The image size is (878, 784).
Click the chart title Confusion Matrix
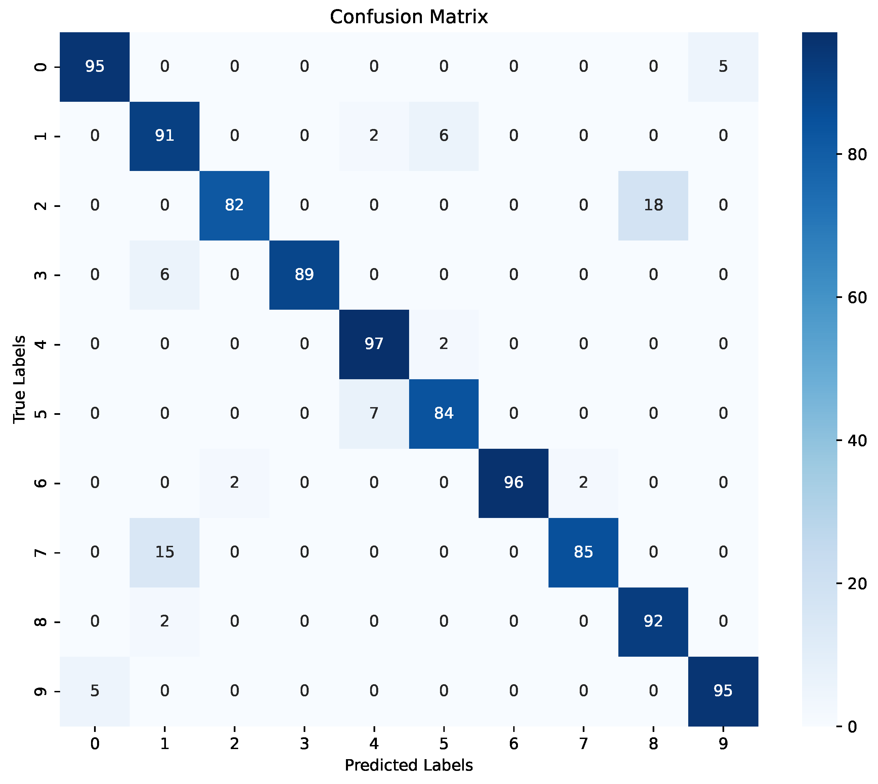[x=408, y=17]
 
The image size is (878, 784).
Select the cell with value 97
[x=374, y=344]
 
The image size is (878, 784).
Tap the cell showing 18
[x=653, y=205]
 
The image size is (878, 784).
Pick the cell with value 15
[x=165, y=552]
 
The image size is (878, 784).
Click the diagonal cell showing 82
[x=234, y=205]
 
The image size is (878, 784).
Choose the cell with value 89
[x=304, y=274]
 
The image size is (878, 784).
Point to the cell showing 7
[x=374, y=413]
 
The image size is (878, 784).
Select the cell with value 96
[x=514, y=482]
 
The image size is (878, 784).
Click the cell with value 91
[x=165, y=136]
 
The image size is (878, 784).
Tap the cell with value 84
[x=444, y=413]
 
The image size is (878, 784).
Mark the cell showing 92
[x=653, y=621]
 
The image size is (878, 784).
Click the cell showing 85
[x=583, y=552]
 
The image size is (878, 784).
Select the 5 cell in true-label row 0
[x=723, y=66]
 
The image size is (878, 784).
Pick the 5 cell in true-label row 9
[x=95, y=691]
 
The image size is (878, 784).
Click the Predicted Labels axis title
[x=408, y=765]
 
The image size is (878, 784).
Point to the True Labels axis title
[x=19, y=379]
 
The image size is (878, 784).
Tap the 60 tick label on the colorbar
[x=857, y=298]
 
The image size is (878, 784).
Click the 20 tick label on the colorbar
[x=857, y=584]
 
